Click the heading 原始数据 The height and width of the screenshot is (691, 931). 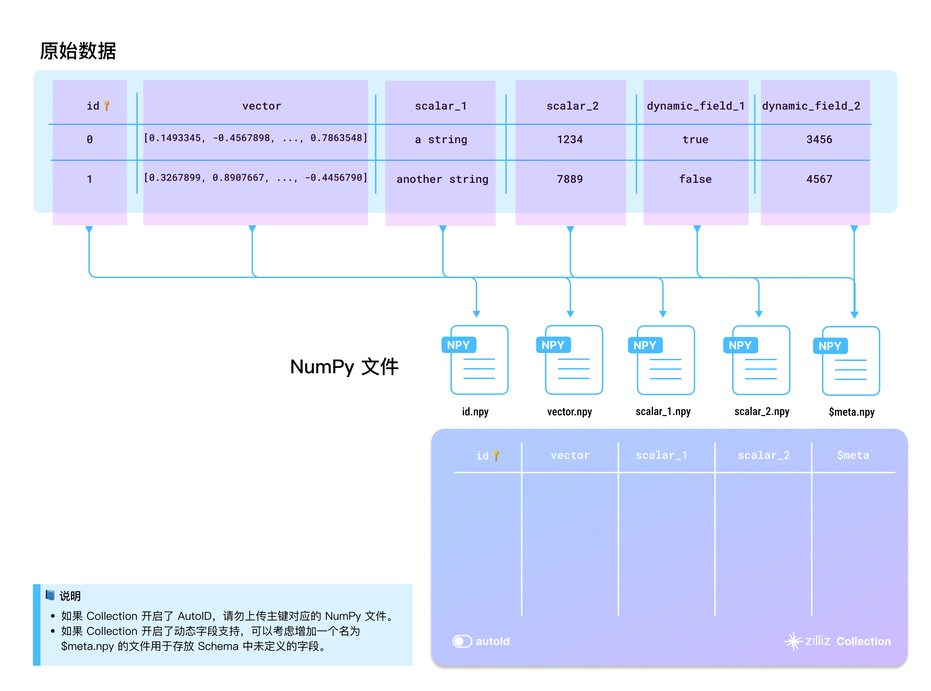(x=78, y=51)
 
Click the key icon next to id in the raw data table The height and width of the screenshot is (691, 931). (x=107, y=105)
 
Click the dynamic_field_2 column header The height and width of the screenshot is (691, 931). (x=811, y=106)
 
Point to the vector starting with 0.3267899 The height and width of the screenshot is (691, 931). (x=255, y=178)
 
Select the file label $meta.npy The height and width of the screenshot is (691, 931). (x=851, y=412)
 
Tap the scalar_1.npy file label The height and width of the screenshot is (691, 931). (x=663, y=412)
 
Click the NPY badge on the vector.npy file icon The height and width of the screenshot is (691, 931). (x=553, y=345)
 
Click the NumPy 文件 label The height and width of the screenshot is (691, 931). (x=344, y=367)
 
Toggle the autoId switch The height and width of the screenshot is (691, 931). (x=462, y=641)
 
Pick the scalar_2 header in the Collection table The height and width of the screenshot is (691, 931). (x=763, y=455)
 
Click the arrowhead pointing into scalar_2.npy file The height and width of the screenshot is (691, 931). (x=759, y=314)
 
